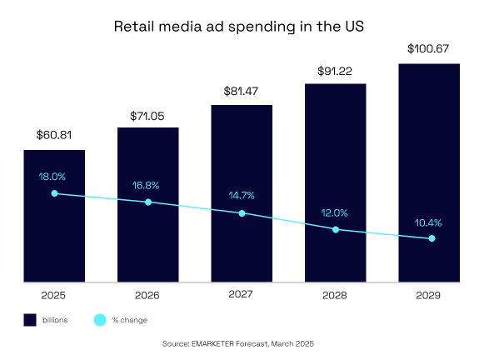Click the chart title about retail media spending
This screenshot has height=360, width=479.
point(239,26)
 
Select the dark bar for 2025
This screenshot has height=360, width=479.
point(54,242)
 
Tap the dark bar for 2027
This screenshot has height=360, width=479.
point(242,250)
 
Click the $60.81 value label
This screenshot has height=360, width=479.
point(54,134)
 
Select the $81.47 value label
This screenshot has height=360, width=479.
point(242,90)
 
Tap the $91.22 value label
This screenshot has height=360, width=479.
point(335,70)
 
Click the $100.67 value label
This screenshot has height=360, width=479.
point(429,49)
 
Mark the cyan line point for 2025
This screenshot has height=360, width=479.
point(54,193)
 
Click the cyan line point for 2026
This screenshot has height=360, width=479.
point(148,202)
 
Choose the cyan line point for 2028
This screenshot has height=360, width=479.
point(336,229)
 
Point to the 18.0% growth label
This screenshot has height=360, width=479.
point(52,177)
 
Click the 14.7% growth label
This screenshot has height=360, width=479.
point(242,196)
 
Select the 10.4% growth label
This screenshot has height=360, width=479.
point(429,222)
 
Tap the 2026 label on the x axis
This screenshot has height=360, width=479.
point(147,294)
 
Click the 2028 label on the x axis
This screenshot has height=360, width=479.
point(335,294)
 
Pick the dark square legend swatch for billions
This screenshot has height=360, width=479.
point(29,319)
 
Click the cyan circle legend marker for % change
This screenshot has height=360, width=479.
point(99,319)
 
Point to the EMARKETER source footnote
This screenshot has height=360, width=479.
point(239,343)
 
